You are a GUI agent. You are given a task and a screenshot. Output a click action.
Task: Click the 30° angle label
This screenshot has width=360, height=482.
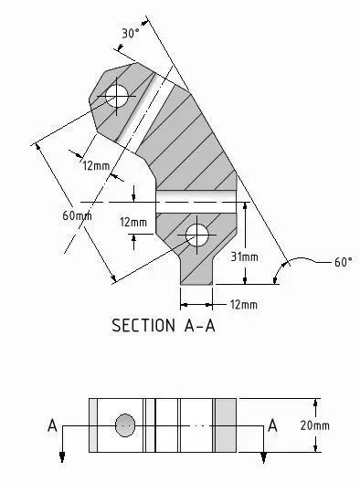click(128, 33)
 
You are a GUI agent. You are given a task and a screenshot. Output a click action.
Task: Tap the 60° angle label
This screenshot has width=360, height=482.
click(343, 262)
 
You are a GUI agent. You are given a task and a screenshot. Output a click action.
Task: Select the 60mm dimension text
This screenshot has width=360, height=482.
click(77, 215)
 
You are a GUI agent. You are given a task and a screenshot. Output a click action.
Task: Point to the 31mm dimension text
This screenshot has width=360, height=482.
click(245, 257)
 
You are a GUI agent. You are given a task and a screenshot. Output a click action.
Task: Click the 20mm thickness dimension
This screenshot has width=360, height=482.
click(314, 425)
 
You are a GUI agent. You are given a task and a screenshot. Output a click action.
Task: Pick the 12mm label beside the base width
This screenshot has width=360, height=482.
click(244, 305)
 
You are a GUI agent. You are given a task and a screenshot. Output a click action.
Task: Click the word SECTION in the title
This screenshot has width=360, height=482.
click(143, 325)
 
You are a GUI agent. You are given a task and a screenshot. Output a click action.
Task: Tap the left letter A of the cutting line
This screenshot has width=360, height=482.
click(53, 425)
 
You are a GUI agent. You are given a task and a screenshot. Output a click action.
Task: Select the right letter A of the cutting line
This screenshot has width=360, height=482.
click(272, 425)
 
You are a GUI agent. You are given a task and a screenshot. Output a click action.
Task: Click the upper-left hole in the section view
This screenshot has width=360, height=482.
click(116, 96)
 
